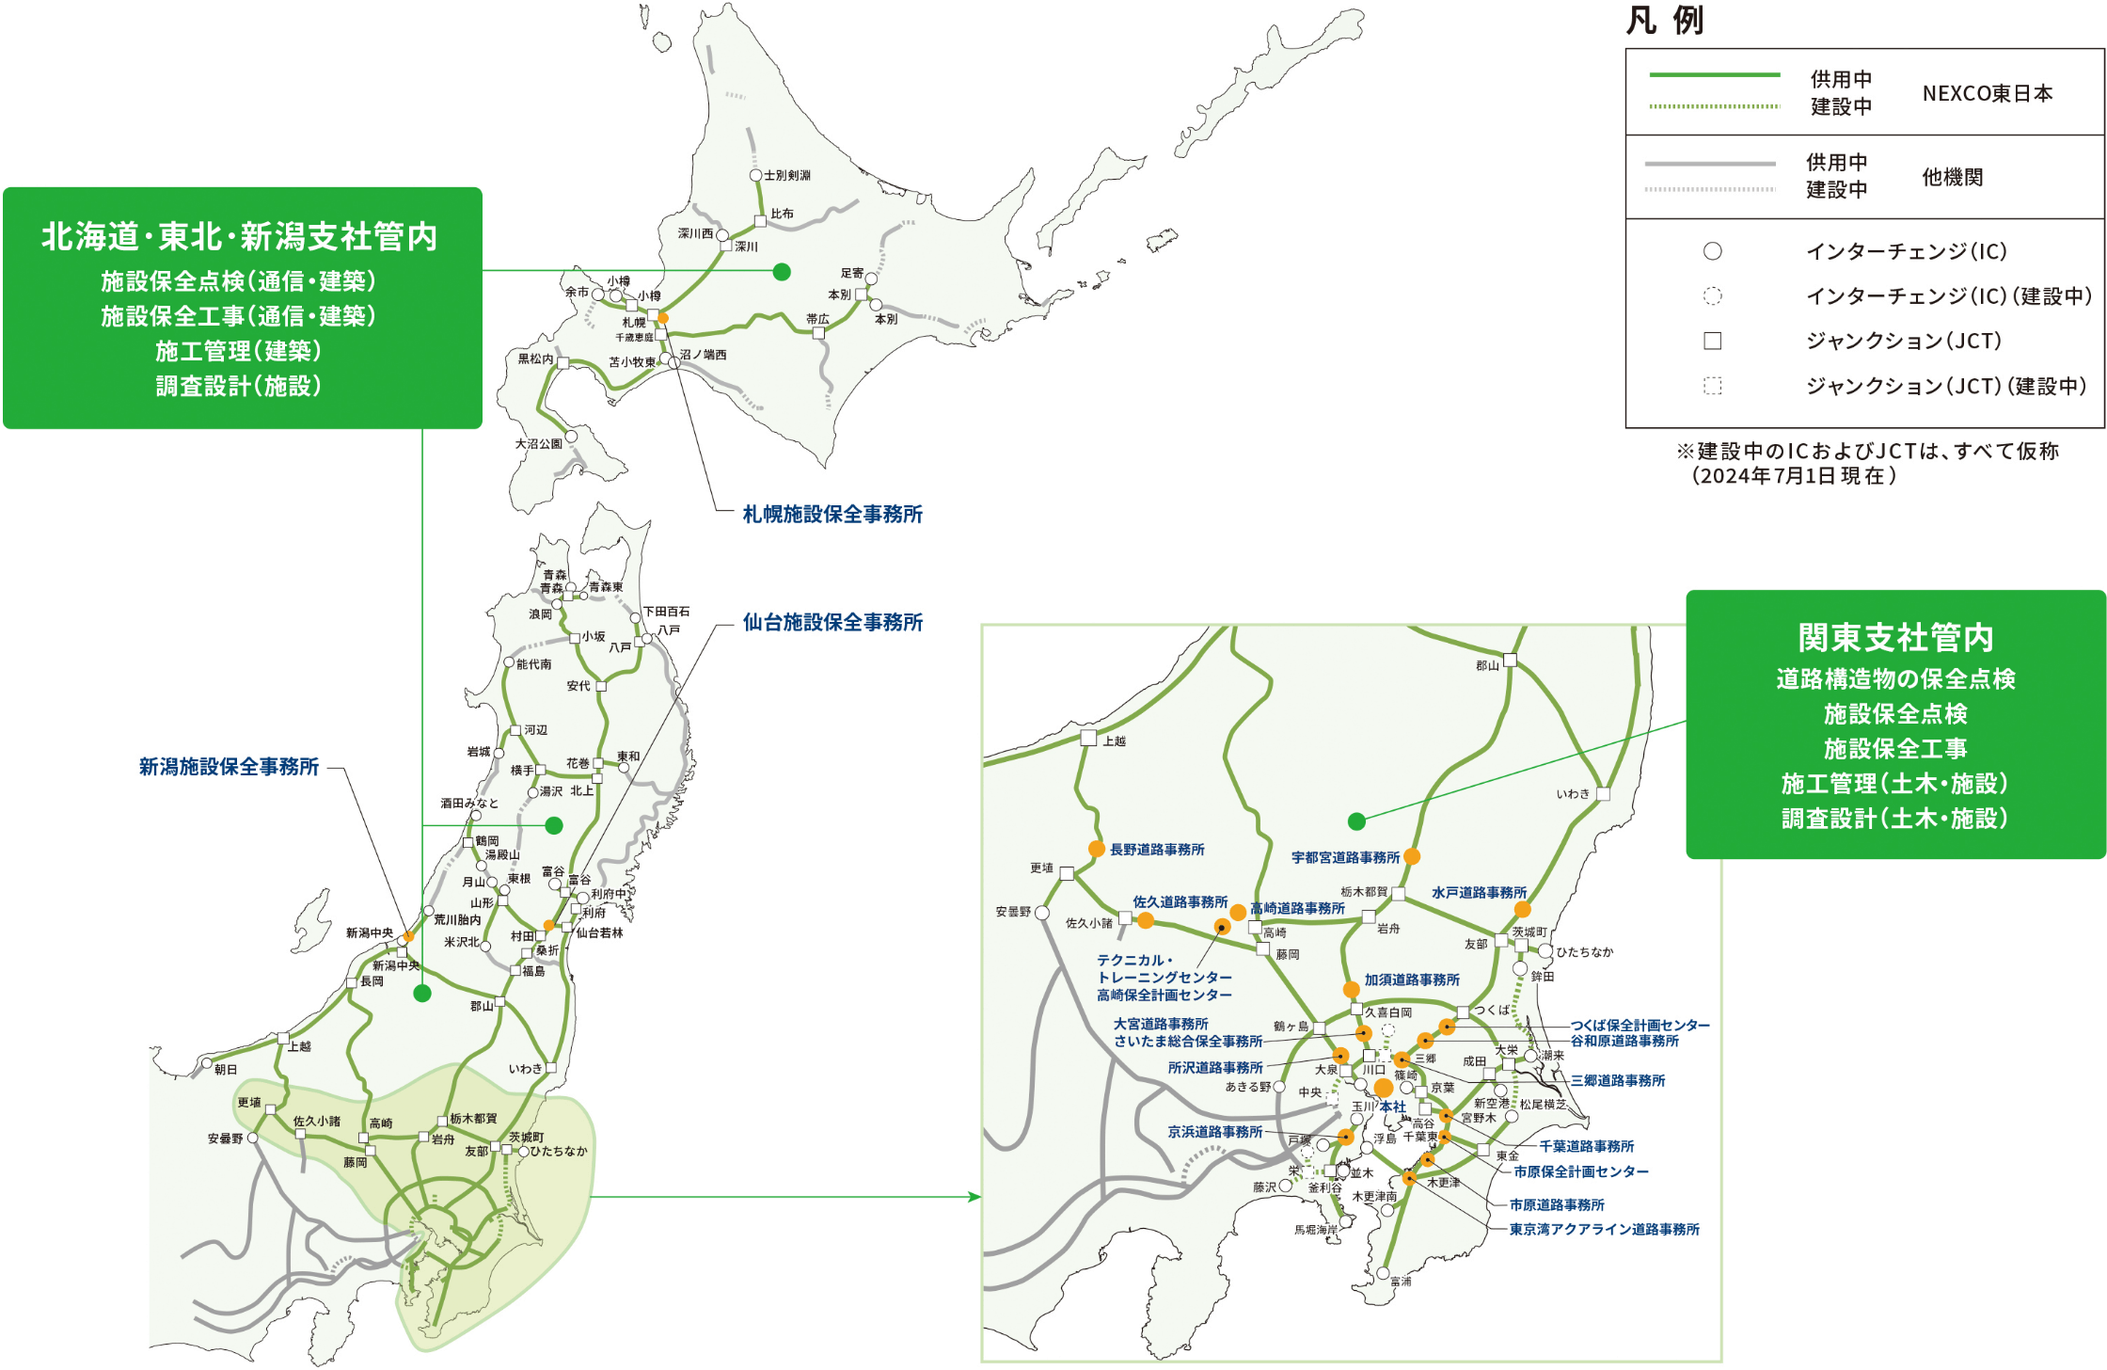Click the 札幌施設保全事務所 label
tap(832, 515)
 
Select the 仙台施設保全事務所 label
tap(832, 623)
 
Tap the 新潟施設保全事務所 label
tap(229, 768)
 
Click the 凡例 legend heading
tap(1665, 21)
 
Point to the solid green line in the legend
tap(1714, 74)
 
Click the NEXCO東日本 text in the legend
tap(1987, 93)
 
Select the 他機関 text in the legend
tap(1952, 177)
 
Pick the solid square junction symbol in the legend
tap(1712, 341)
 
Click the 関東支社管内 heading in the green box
tap(1895, 638)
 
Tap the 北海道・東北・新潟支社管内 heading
tap(240, 237)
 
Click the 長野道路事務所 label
tap(1157, 850)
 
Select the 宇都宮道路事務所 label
tap(1345, 858)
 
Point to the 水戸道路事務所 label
tap(1479, 893)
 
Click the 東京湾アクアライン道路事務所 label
tap(1604, 1230)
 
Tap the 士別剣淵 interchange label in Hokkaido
tap(786, 176)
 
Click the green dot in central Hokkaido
tap(782, 272)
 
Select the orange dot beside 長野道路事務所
tap(1096, 849)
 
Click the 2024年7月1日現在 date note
tap(1794, 476)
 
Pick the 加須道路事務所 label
tap(1412, 980)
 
